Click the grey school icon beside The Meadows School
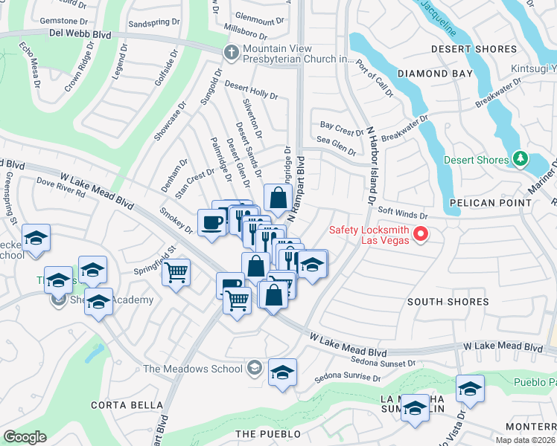(255, 368)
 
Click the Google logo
(25, 436)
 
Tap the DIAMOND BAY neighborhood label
(435, 74)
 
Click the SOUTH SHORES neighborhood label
(448, 302)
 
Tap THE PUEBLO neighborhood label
(268, 433)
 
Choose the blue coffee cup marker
(211, 223)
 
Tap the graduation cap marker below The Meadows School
(282, 373)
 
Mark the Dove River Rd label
(61, 189)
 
